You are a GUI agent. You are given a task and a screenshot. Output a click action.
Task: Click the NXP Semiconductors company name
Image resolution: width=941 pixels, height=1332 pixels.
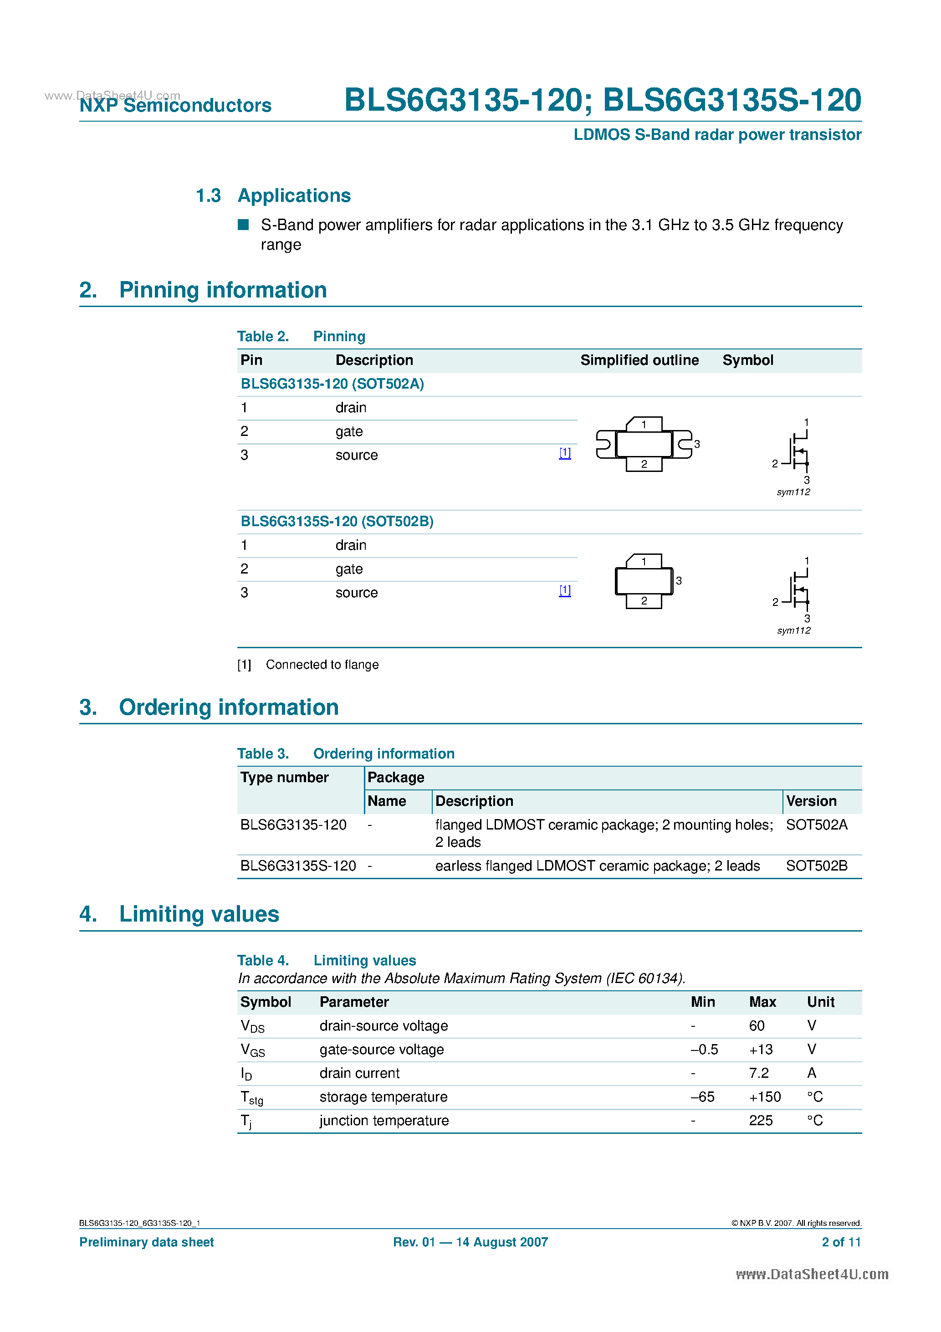click(175, 105)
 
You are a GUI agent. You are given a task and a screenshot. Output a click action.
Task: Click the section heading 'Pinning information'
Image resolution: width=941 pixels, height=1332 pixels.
click(223, 290)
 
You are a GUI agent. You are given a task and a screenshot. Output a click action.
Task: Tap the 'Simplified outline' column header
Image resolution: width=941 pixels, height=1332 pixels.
click(639, 360)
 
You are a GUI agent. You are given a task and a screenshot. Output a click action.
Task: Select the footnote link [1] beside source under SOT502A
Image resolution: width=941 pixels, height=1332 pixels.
click(564, 453)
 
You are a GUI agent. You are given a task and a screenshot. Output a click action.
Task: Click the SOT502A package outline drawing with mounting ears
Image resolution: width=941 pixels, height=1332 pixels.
click(644, 445)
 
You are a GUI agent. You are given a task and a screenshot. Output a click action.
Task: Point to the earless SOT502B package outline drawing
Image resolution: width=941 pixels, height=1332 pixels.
click(644, 581)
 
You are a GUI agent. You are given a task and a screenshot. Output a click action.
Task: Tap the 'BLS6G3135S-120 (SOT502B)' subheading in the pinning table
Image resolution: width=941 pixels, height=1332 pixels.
click(337, 522)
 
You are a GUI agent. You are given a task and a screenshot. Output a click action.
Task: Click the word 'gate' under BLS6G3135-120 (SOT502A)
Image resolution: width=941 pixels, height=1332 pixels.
click(349, 431)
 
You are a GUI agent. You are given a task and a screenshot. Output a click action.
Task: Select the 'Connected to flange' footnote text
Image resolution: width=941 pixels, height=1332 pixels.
click(322, 665)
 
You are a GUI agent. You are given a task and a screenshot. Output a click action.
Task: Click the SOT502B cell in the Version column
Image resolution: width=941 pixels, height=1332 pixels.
click(816, 866)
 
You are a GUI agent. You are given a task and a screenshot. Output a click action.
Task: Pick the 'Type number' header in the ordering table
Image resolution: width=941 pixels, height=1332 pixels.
click(284, 778)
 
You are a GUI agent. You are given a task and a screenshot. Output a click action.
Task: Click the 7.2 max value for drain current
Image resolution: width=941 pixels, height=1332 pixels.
click(758, 1073)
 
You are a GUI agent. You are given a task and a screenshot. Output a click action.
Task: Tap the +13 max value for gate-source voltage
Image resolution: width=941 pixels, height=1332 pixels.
click(761, 1050)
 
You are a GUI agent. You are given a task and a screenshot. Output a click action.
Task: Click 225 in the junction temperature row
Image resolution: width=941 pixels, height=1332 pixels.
click(761, 1121)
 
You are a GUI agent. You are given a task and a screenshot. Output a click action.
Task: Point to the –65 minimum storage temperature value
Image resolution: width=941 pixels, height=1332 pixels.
click(702, 1097)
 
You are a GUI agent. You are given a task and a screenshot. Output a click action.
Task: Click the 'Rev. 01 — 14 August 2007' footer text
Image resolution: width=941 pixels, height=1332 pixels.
click(470, 1242)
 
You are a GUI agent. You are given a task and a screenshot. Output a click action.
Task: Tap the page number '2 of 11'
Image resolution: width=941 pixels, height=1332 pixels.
click(841, 1242)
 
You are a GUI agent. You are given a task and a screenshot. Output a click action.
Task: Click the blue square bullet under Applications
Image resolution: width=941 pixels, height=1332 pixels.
click(244, 225)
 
